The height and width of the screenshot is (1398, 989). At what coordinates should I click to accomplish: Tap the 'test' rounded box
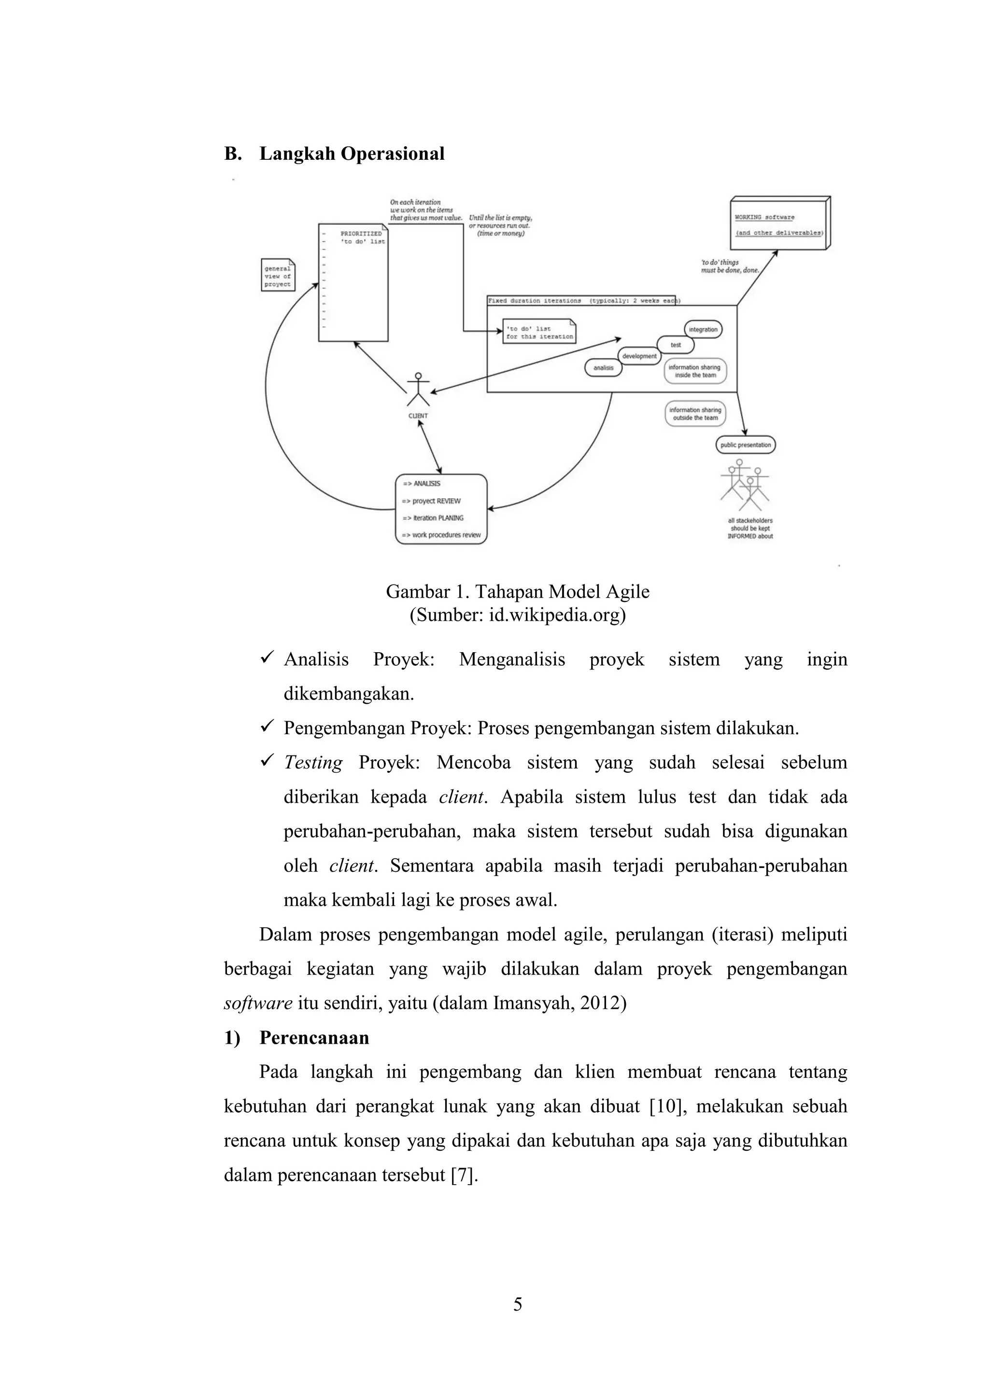point(676,345)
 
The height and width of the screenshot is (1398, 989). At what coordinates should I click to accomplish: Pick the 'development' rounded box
point(639,356)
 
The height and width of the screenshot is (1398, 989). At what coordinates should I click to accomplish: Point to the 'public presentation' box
point(745,445)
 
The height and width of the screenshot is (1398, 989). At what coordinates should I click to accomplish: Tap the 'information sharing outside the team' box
point(695,414)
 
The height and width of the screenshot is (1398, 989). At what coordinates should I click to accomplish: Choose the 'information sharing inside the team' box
point(695,371)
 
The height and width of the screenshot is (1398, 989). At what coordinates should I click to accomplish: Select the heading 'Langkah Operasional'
point(352,154)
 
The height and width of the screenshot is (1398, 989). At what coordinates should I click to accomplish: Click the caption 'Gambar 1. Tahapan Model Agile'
point(518,592)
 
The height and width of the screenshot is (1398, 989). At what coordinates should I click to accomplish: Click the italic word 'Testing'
point(313,763)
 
